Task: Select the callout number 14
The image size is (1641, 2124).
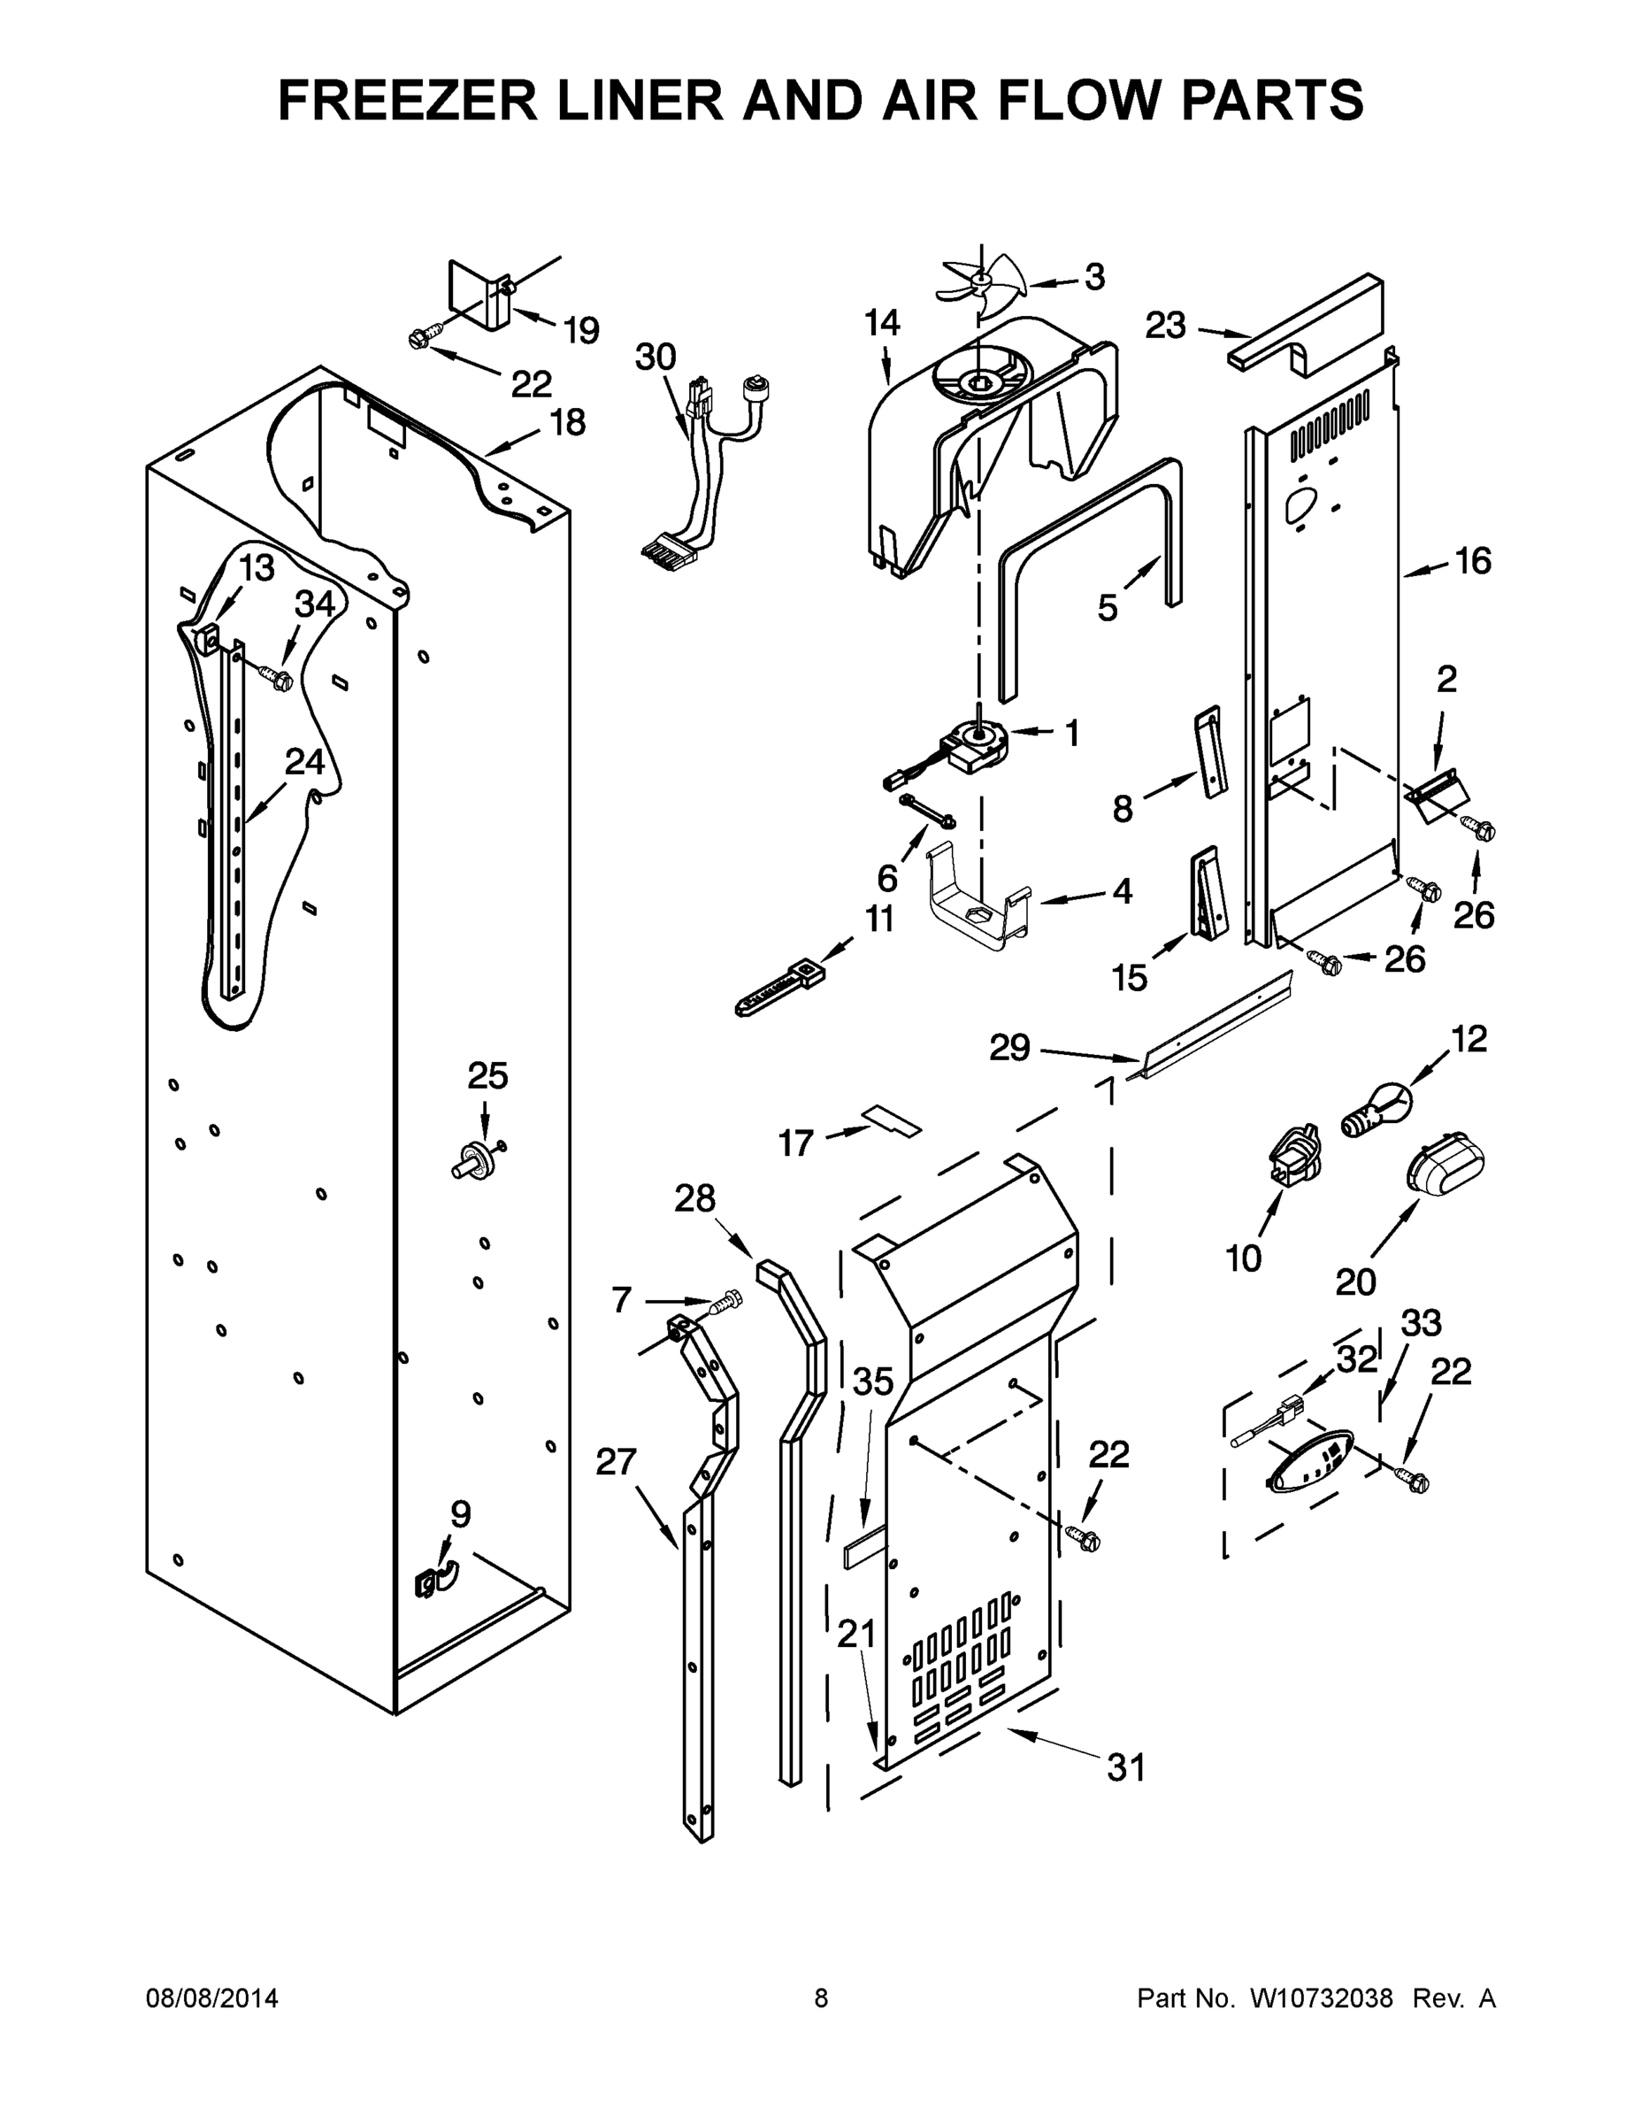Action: click(x=883, y=324)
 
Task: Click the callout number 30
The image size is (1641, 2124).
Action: click(x=656, y=357)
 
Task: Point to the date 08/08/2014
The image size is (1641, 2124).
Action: click(x=212, y=1998)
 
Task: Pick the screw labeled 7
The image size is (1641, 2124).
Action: click(x=725, y=1301)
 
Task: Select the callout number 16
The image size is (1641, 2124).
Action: click(x=1472, y=561)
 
